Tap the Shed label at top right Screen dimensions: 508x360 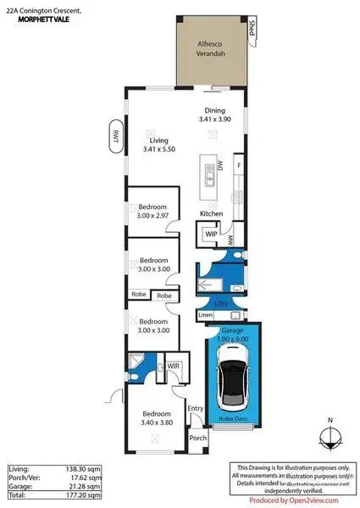coord(252,30)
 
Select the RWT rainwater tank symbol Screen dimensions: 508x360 coord(112,138)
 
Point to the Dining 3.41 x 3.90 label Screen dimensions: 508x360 coord(214,115)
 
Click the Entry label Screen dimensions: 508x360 coord(196,410)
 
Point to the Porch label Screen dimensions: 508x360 coord(197,439)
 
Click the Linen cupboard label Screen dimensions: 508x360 coord(205,316)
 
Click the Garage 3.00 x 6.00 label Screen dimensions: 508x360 coord(233,334)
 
